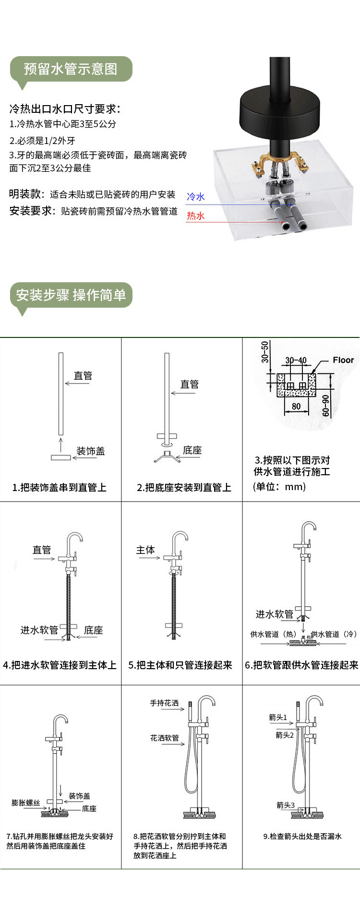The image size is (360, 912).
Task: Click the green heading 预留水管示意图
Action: coord(71,69)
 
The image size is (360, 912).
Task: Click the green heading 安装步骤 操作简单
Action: coord(71,295)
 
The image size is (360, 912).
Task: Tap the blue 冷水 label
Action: coord(196,197)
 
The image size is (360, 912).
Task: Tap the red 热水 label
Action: coord(196,216)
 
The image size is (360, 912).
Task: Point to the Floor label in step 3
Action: coord(343,360)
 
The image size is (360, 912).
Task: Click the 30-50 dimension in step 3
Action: coord(265,352)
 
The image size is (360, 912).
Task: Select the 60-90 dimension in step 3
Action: coord(326,406)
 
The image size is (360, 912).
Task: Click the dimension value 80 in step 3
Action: coord(296,406)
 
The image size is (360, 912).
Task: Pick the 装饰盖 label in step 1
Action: coord(91,451)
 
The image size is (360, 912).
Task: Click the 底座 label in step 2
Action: coord(192,450)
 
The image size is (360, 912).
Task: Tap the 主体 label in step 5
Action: coord(145,550)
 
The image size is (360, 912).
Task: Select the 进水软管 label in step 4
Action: coord(39,630)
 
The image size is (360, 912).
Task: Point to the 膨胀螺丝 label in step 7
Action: coord(26,803)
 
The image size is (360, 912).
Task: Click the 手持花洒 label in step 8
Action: coord(164,703)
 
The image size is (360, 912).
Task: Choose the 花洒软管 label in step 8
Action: coord(164,738)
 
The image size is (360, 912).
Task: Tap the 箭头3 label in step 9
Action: coord(286,805)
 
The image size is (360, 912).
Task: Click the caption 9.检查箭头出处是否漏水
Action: coord(302,836)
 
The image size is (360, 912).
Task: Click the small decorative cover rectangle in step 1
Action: coord(61,457)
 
